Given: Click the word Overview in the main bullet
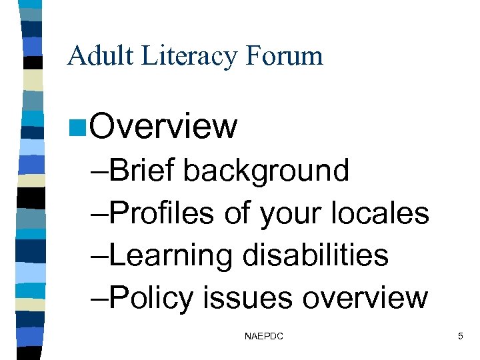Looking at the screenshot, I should coord(163,126).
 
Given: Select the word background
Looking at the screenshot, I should coord(266,171).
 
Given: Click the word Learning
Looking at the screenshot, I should coord(170,255).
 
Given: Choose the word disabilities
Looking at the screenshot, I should coord(315,255).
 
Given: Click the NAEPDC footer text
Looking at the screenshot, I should coord(264,337).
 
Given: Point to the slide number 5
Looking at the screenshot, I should coord(460,337).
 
